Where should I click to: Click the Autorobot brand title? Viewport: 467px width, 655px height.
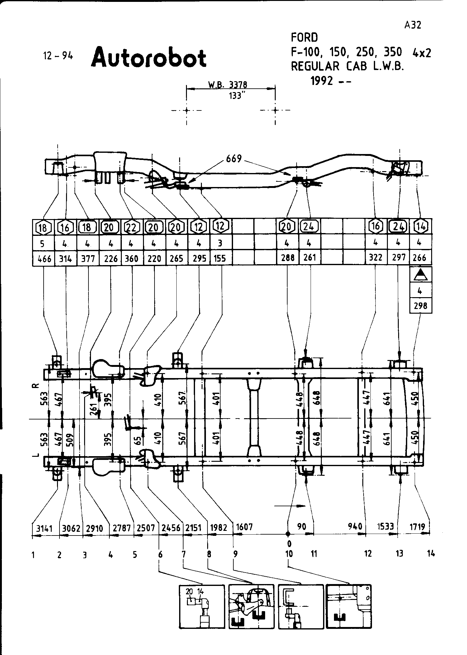[x=149, y=58]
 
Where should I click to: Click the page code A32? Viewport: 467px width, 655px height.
[x=413, y=25]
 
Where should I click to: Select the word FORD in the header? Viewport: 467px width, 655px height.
[x=304, y=38]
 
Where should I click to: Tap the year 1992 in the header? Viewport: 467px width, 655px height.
[x=322, y=81]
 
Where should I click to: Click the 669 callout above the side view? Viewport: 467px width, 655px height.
[x=234, y=159]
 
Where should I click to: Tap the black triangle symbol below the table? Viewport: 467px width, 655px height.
[x=421, y=274]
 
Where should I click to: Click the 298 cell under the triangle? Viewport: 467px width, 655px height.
[x=420, y=306]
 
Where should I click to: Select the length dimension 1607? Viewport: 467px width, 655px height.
[x=244, y=527]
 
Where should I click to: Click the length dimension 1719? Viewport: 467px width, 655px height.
[x=417, y=526]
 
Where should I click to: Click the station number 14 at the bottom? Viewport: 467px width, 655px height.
[x=431, y=554]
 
